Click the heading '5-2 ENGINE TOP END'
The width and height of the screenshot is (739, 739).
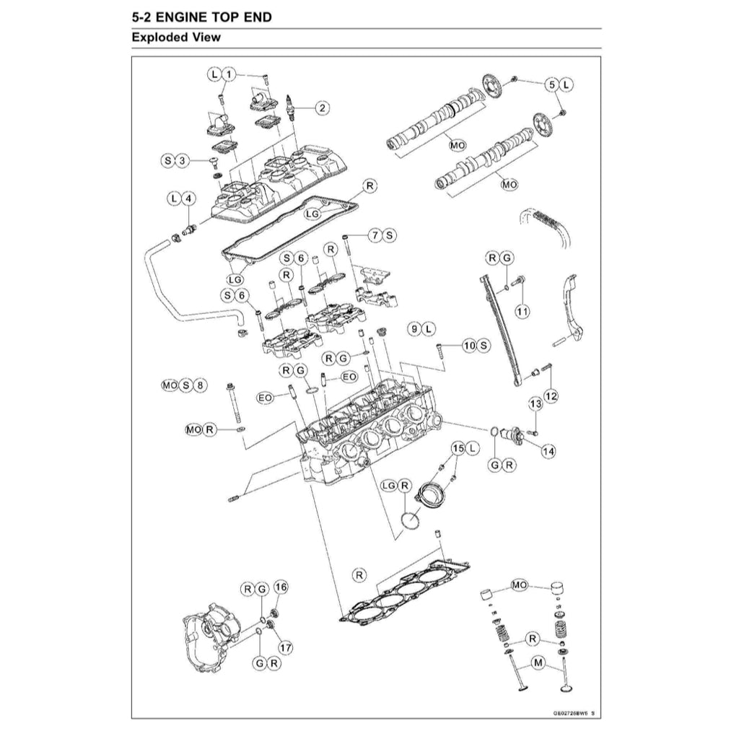[x=203, y=17]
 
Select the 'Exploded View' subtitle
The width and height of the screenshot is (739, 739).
[x=177, y=38]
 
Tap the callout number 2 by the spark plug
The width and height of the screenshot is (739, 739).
[x=322, y=108]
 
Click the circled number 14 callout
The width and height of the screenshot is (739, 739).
[x=548, y=451]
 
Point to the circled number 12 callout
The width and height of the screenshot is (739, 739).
[x=551, y=395]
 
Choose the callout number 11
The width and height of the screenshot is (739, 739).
[x=522, y=311]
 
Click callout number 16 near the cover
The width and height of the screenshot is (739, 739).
[x=280, y=587]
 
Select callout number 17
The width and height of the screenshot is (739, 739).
[x=285, y=647]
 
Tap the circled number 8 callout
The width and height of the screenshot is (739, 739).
[x=201, y=385]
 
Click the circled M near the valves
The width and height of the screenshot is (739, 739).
[x=538, y=662]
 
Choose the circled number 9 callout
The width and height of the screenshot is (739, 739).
[x=414, y=328]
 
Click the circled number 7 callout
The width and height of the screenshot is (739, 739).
[x=375, y=235]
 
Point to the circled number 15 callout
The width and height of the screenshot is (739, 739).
[x=457, y=448]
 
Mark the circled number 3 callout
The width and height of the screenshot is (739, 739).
[x=183, y=160]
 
